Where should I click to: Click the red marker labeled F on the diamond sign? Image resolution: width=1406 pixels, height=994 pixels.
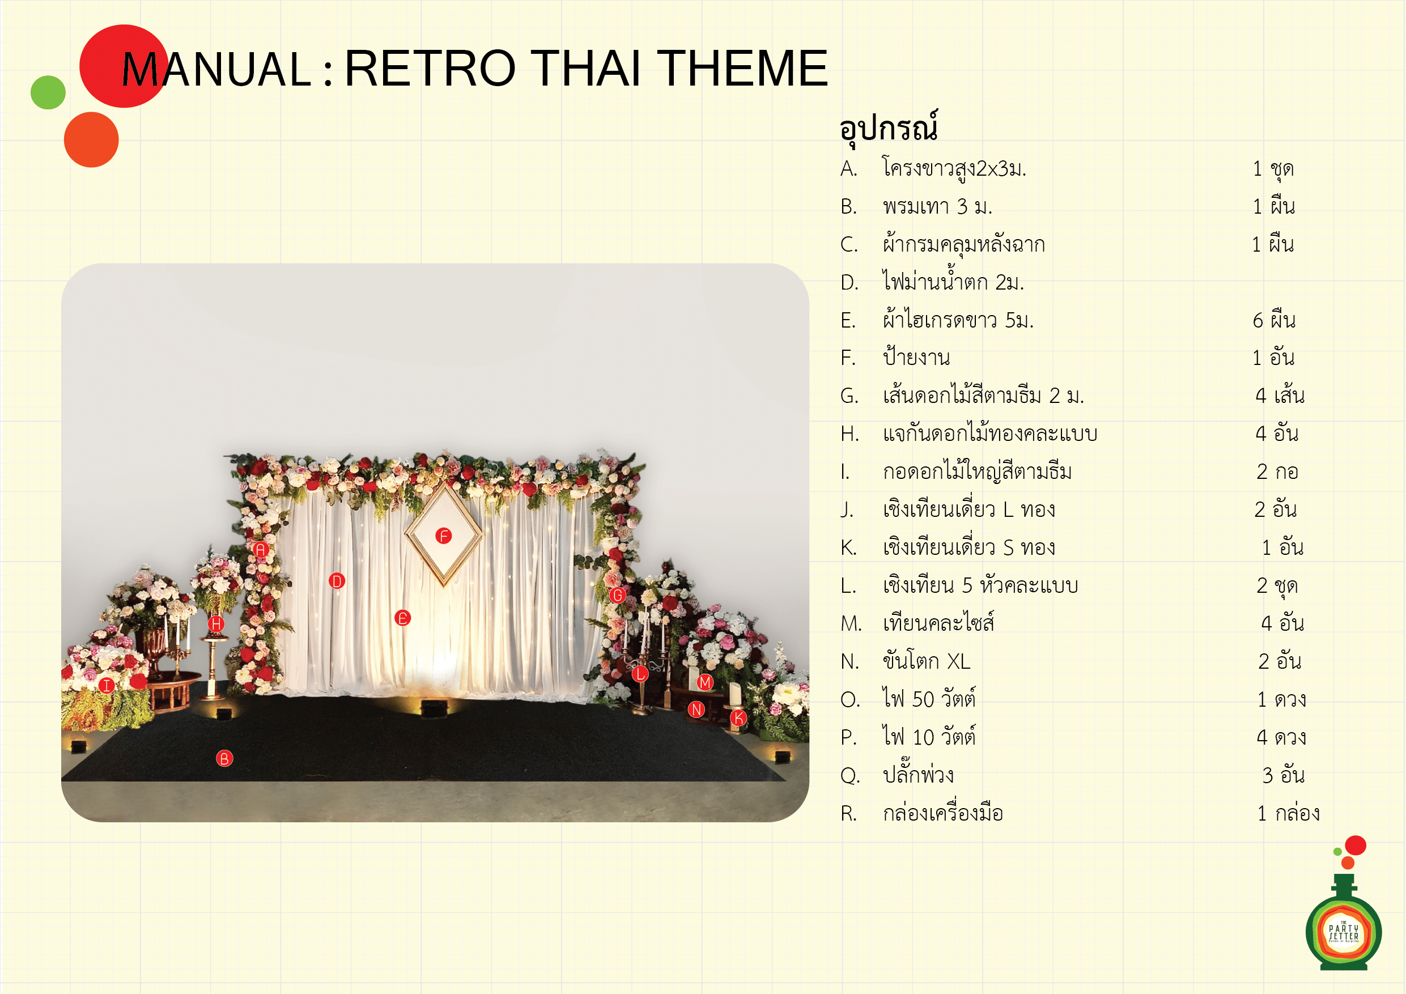[443, 536]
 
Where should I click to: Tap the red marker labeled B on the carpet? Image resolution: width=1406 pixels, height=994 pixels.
[225, 759]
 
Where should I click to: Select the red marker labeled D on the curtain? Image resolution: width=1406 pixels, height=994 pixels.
[337, 581]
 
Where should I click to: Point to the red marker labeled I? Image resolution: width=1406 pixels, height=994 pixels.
[107, 685]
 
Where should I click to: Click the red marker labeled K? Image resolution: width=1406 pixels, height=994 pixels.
[739, 718]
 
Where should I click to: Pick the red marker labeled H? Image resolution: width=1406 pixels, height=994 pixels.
[216, 624]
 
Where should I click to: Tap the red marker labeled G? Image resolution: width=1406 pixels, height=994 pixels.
[617, 594]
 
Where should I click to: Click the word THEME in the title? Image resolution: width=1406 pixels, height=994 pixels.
[742, 68]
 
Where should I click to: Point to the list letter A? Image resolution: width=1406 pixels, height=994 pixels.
[849, 168]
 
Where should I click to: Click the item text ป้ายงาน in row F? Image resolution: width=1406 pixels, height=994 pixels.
[917, 356]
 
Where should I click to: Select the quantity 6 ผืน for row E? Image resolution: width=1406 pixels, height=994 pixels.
[1274, 320]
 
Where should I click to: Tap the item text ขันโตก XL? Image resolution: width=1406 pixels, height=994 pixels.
[927, 661]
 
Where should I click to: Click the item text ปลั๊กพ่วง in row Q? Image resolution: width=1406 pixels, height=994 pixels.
[918, 774]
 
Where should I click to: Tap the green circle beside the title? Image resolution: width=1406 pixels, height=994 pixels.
[48, 92]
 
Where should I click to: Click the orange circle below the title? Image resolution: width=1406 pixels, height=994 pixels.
[91, 139]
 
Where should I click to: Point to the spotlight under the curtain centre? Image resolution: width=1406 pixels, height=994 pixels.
[434, 708]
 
